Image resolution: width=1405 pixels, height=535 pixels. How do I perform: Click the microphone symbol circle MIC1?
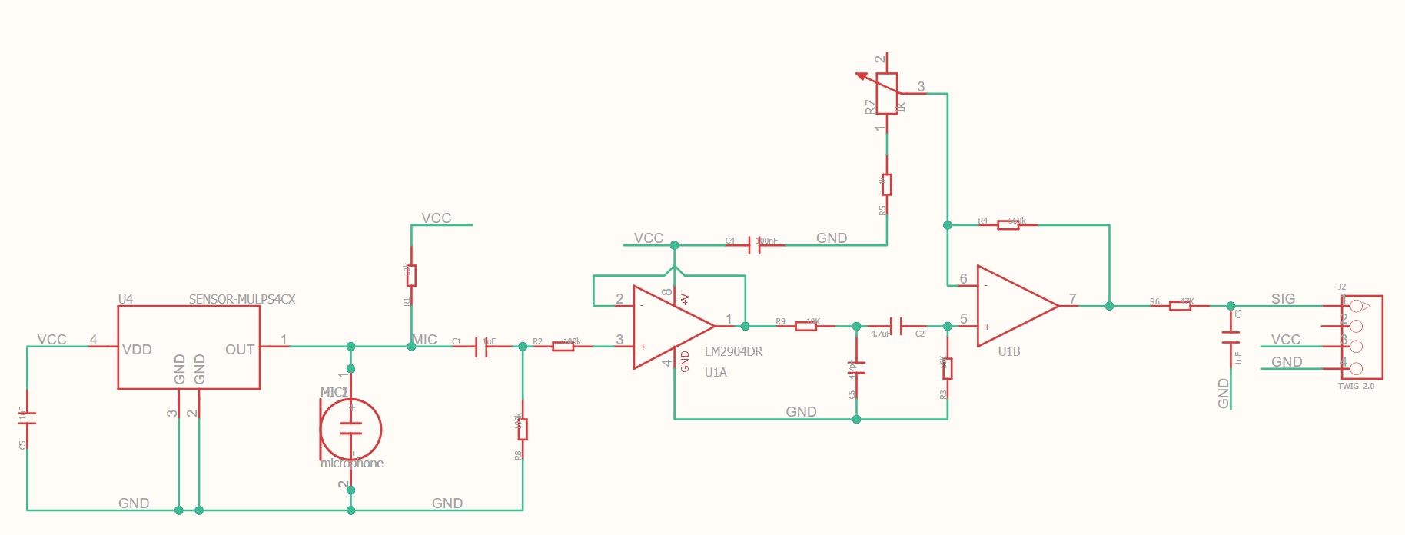point(350,429)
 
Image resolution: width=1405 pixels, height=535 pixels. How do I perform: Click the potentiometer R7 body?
point(887,94)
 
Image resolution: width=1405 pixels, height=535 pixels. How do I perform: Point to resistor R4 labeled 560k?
point(1008,224)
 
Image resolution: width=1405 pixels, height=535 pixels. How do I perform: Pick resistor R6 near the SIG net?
point(1180,306)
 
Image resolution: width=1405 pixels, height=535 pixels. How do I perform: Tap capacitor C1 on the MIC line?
point(481,347)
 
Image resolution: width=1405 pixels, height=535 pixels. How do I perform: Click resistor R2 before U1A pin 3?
point(563,347)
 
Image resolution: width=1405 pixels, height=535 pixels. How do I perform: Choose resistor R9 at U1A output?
point(805,326)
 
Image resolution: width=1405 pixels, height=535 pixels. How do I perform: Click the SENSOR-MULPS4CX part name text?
point(242,299)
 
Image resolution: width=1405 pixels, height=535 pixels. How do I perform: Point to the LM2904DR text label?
point(733,352)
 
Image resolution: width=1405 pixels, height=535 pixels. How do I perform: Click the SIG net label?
point(1283,298)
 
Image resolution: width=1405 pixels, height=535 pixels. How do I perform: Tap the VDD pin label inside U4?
point(137,350)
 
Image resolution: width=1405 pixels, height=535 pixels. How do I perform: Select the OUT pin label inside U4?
point(239,350)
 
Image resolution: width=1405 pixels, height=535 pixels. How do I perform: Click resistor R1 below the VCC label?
point(411,274)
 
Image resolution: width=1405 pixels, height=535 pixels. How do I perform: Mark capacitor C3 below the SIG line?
point(1231,337)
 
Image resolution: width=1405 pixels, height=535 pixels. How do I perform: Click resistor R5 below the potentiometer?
point(887,184)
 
